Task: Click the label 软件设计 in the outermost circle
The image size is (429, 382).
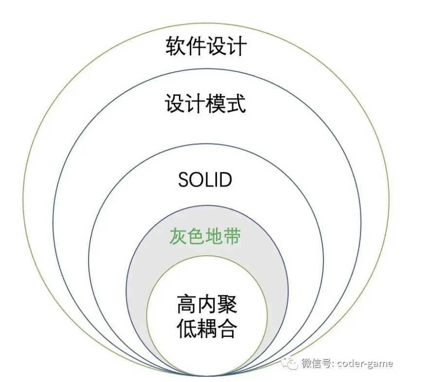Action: click(x=206, y=48)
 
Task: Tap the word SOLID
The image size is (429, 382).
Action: click(x=205, y=180)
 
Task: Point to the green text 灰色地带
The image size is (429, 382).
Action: click(x=205, y=237)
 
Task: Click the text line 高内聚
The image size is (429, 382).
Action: click(x=206, y=305)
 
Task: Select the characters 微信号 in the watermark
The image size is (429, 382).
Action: click(x=317, y=364)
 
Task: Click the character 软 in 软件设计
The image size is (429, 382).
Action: click(x=175, y=48)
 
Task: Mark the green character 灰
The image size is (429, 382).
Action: click(x=178, y=237)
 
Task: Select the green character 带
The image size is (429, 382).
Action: click(x=232, y=237)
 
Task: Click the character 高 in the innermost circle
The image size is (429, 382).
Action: click(x=186, y=305)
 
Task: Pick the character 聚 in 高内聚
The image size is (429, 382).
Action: click(x=227, y=305)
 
